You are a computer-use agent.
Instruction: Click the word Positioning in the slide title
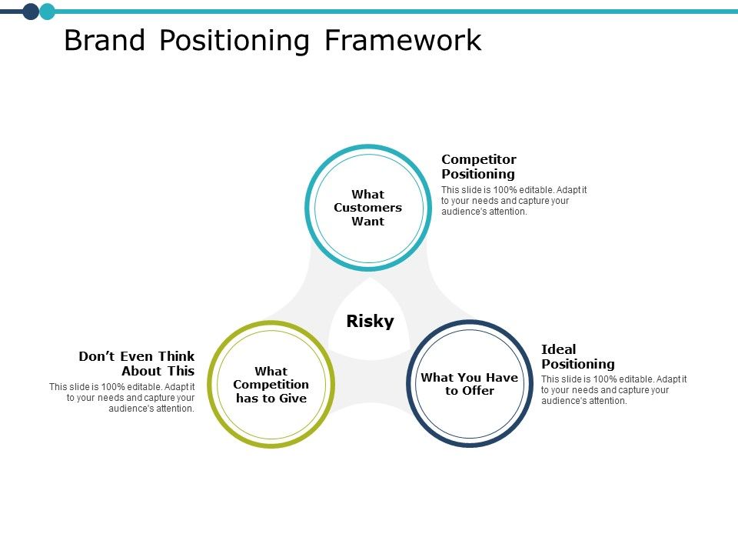234,42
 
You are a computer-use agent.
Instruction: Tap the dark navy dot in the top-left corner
31,11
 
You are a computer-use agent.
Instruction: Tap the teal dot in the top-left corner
48,11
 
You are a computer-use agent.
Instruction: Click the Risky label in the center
370,322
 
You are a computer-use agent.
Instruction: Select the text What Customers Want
367,208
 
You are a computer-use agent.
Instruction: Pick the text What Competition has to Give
271,385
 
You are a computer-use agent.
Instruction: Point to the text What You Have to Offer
469,384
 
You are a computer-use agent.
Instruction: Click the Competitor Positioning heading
478,167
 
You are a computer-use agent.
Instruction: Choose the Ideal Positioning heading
577,356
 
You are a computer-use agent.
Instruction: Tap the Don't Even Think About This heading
137,363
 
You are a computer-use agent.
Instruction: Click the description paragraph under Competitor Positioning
514,201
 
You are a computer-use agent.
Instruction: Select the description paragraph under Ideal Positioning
613,390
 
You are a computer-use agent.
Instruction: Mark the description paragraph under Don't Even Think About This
122,398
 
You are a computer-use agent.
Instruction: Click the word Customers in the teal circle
367,208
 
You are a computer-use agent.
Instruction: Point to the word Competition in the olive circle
271,385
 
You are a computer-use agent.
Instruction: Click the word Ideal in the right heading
559,349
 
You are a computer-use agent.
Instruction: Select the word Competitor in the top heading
478,159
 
